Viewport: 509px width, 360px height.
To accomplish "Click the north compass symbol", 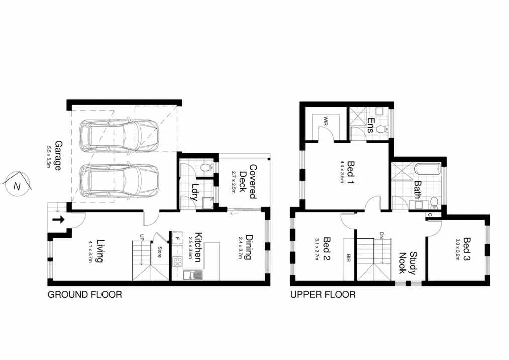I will pyautogui.click(x=17, y=185).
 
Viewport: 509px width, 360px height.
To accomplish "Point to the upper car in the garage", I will pyautogui.click(x=119, y=135).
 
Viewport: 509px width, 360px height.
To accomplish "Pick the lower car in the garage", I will pyautogui.click(x=119, y=180).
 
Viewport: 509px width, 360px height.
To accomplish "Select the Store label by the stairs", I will pyautogui.click(x=159, y=251).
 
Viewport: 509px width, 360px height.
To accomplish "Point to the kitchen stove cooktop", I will pyautogui.click(x=177, y=261).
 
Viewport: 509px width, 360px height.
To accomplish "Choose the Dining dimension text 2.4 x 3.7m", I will pyautogui.click(x=240, y=248).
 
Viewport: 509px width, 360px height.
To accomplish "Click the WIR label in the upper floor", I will pyautogui.click(x=326, y=121).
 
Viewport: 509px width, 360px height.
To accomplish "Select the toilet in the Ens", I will pyautogui.click(x=381, y=129).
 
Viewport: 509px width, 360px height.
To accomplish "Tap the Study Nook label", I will pyautogui.click(x=408, y=262).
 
